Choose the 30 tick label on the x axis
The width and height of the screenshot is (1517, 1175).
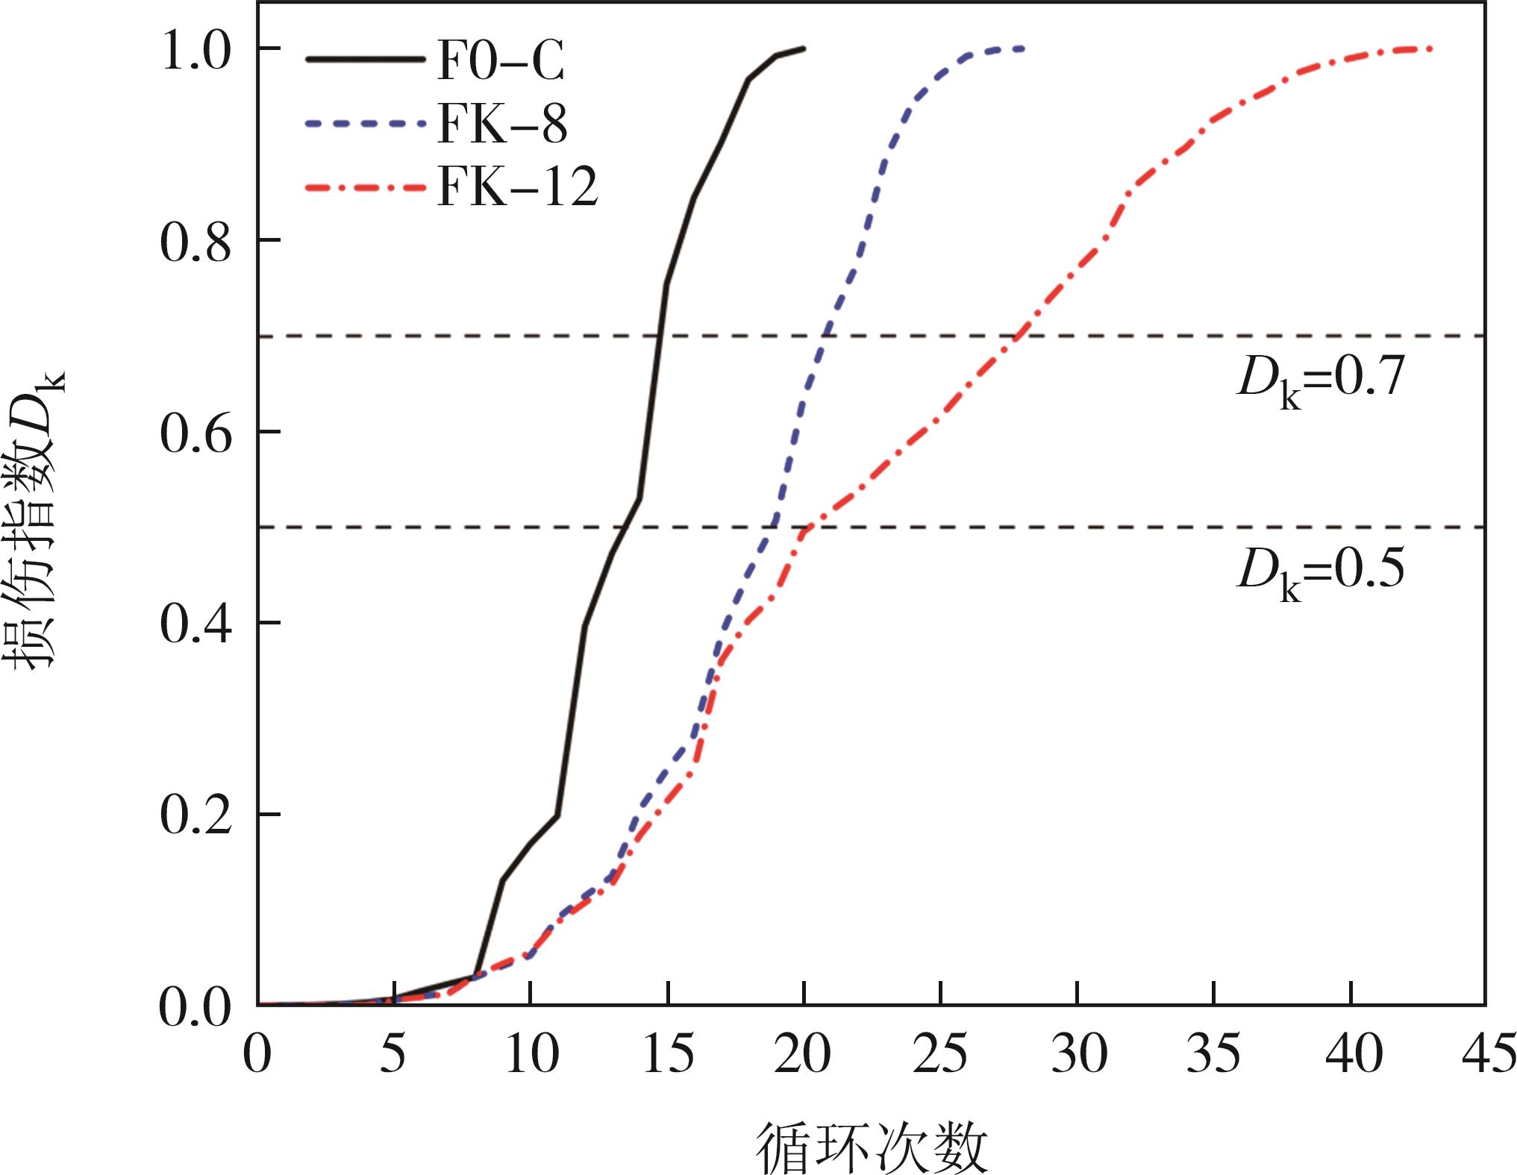pyautogui.click(x=1077, y=1054)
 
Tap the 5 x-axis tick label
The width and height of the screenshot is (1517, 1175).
pyautogui.click(x=395, y=1054)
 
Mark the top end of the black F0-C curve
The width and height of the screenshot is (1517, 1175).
pyautogui.click(x=804, y=48)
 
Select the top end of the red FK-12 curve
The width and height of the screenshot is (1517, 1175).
pyautogui.click(x=1431, y=49)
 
